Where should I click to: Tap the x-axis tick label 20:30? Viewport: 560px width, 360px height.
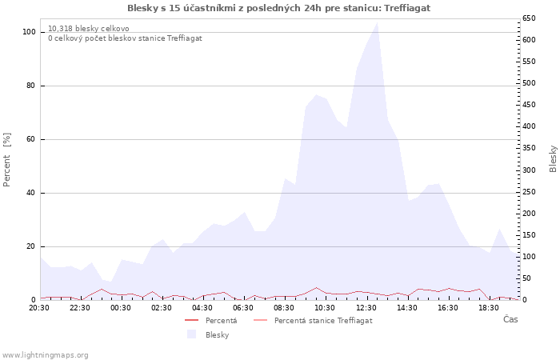(x=39, y=307)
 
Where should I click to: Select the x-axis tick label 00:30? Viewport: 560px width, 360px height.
(x=121, y=307)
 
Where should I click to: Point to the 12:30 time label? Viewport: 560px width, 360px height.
(x=366, y=307)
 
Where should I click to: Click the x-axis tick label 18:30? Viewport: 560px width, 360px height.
(x=489, y=307)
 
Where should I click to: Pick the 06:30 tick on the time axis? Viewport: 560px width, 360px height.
(x=243, y=307)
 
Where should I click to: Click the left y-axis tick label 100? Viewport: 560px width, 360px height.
(x=29, y=32)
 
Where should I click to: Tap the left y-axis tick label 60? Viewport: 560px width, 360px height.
(x=31, y=139)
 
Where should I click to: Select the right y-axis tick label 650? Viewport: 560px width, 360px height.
(x=529, y=18)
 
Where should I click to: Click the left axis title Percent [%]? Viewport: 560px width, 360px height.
(x=7, y=160)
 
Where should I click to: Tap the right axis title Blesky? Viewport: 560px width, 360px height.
(x=553, y=158)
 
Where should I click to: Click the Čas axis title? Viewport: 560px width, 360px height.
(x=510, y=319)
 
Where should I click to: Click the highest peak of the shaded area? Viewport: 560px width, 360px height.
(x=377, y=22)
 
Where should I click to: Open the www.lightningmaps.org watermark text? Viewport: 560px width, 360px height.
(x=46, y=354)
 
